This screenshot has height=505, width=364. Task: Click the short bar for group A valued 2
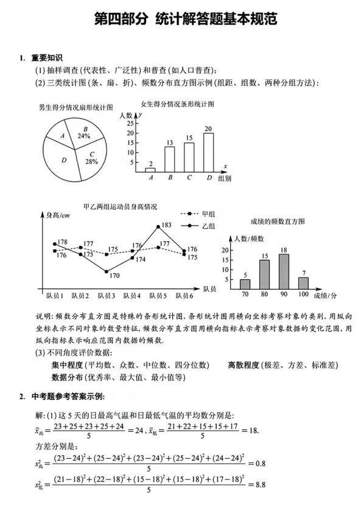point(150,170)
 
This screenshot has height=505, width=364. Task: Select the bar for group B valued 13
point(170,159)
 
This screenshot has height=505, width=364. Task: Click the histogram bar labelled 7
point(303,282)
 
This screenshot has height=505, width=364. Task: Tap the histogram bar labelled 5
point(245,284)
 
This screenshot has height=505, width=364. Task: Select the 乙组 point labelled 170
point(107,272)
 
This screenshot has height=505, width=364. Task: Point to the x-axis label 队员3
point(106,296)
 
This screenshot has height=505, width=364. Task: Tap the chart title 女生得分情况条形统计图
point(177,104)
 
